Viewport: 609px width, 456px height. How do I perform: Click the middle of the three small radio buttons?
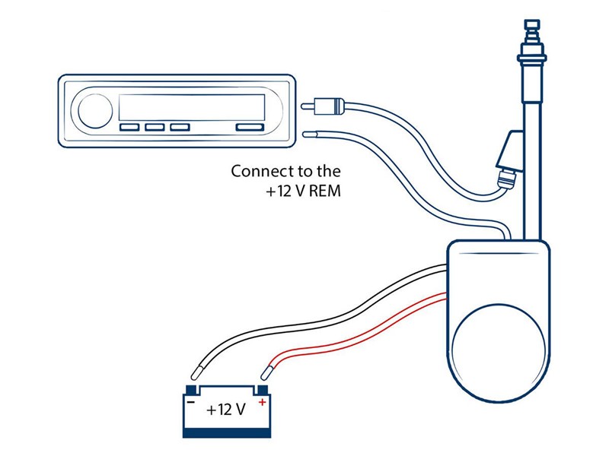point(155,128)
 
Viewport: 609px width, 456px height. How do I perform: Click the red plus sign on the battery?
point(262,402)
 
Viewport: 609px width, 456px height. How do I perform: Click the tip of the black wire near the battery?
point(197,372)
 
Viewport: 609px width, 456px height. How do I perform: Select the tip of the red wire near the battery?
point(265,372)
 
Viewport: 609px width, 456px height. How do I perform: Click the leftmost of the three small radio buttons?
point(129,128)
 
